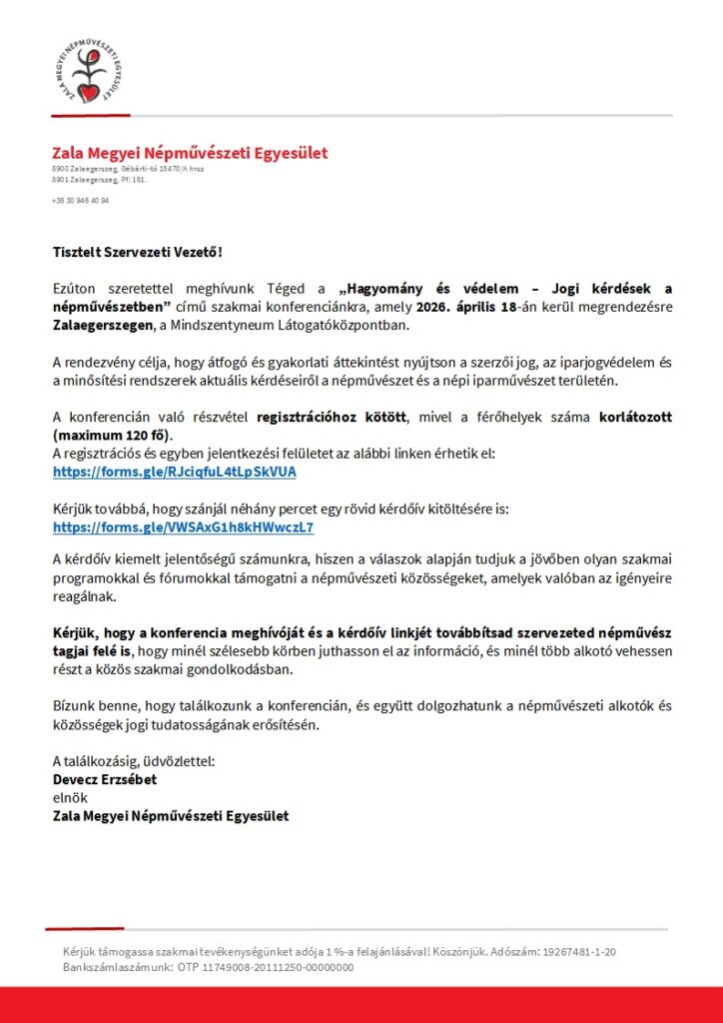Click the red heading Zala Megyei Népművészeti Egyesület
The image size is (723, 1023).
[x=190, y=153]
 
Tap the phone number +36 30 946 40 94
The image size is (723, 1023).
[x=81, y=200]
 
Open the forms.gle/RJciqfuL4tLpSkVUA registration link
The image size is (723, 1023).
[x=175, y=471]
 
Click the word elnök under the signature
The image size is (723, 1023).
[x=70, y=798]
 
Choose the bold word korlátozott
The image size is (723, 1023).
[x=633, y=418]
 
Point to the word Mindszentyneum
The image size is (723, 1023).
[x=226, y=326]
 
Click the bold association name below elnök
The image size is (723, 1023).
[x=171, y=816]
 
